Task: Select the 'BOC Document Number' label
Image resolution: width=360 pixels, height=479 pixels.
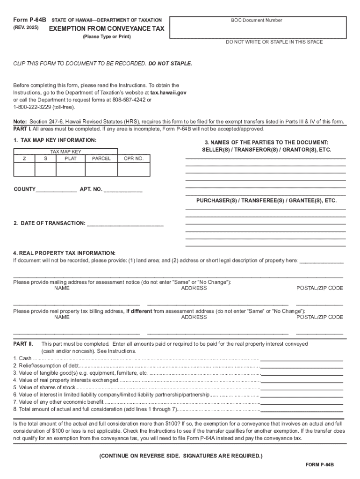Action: (x=256, y=20)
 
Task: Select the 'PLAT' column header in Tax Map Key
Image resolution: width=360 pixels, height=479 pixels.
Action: (x=69, y=159)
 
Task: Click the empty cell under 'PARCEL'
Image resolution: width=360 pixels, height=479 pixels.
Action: (x=101, y=169)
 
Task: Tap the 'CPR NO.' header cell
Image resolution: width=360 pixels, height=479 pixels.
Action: (x=134, y=159)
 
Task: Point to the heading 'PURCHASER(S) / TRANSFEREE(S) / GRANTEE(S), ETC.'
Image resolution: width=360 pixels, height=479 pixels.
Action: (x=266, y=200)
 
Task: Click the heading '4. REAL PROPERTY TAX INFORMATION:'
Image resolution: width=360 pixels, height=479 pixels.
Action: (x=64, y=253)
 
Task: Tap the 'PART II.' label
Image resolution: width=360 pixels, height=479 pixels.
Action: (x=23, y=344)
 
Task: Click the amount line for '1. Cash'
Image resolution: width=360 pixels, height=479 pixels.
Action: (x=302, y=359)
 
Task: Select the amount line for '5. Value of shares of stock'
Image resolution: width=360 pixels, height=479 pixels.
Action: (x=302, y=388)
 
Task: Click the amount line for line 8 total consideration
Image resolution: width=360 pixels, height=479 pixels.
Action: (x=302, y=410)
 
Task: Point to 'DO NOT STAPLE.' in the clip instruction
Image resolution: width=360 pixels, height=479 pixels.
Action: (x=170, y=63)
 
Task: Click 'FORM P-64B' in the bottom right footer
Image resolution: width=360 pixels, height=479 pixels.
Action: (x=320, y=464)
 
